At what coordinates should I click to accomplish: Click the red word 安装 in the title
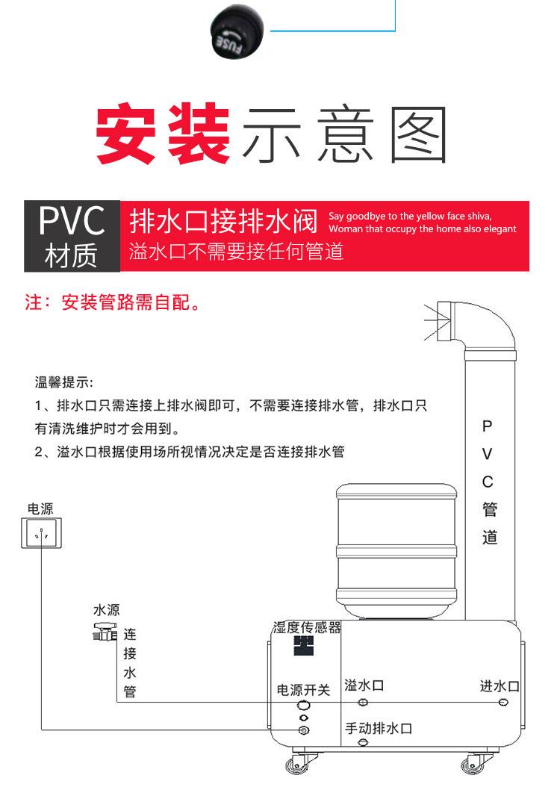162,136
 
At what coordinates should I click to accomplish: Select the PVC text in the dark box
72,220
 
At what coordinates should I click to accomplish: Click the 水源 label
106,609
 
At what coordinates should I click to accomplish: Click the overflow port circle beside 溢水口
363,703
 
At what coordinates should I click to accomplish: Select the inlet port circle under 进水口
503,703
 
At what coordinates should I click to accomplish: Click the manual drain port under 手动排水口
363,742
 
